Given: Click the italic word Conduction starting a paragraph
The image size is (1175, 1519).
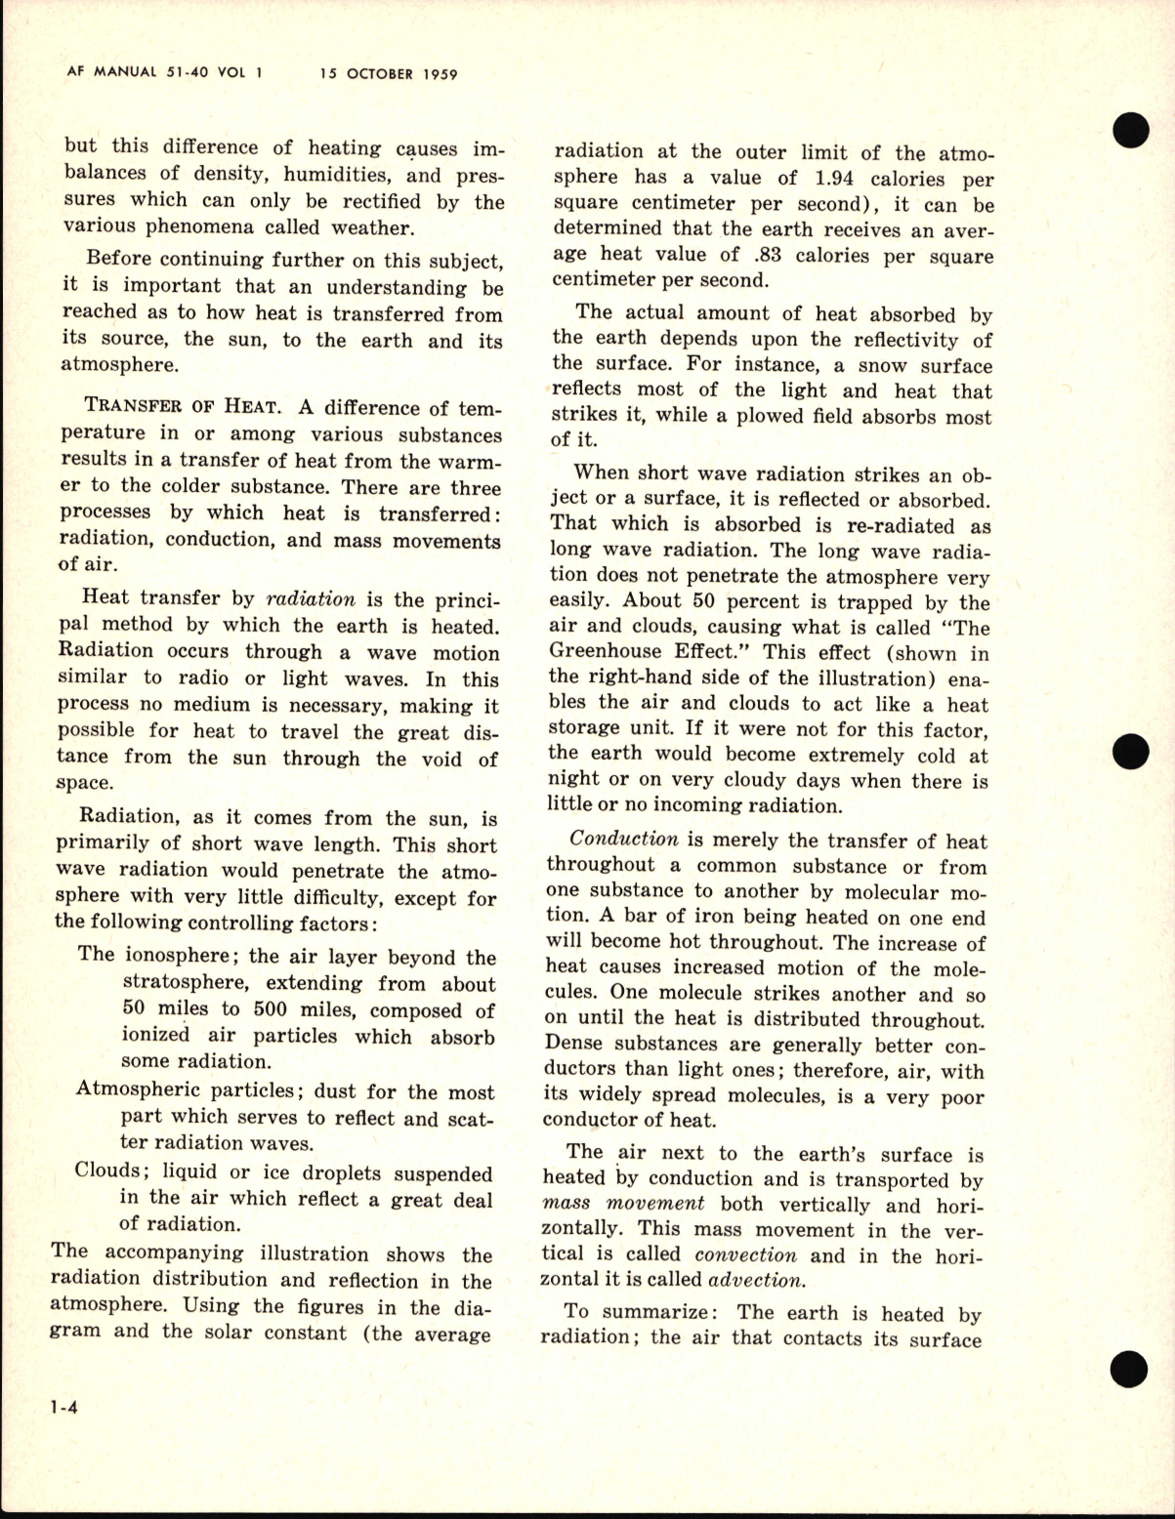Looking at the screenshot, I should point(623,840).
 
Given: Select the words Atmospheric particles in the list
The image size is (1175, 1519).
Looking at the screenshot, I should point(185,1090).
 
